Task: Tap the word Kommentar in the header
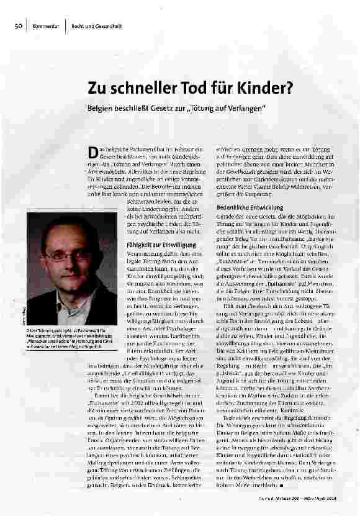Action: pyautogui.click(x=46, y=25)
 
